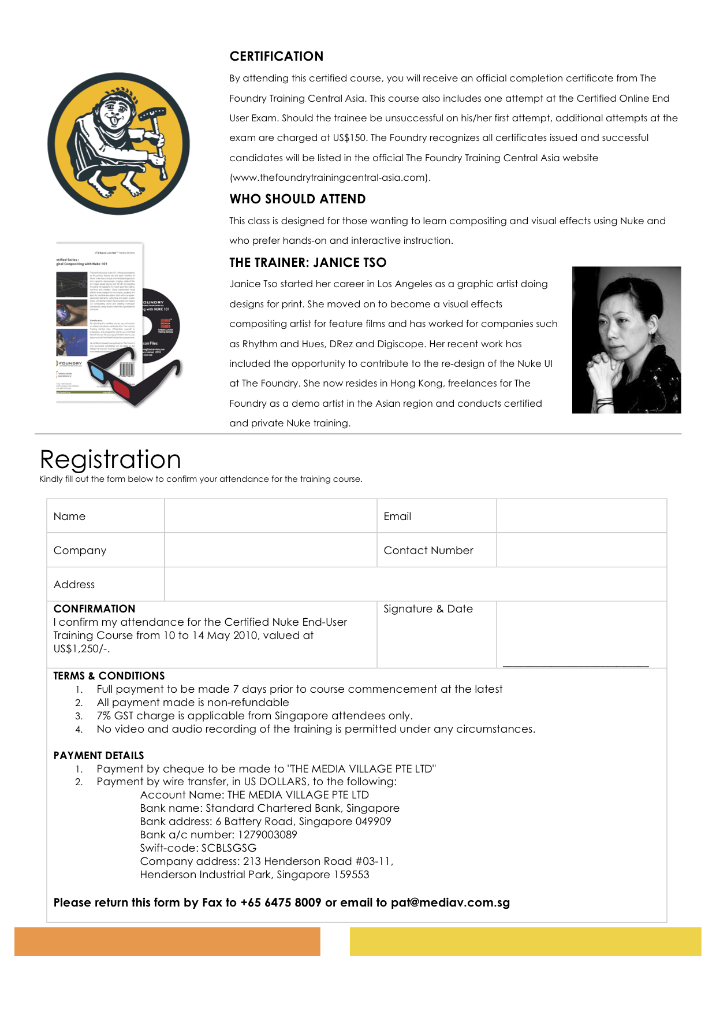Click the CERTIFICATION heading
click(276, 56)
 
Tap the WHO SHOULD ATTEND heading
click(297, 199)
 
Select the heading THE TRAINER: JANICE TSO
click(308, 262)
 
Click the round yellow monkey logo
click(118, 143)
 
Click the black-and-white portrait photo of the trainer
click(626, 340)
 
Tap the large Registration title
click(110, 459)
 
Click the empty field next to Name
click(270, 516)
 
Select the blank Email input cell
click(581, 516)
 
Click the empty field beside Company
click(270, 550)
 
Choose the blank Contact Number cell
click(581, 550)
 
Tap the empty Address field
click(415, 584)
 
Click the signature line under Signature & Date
click(576, 666)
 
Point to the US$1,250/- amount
click(81, 649)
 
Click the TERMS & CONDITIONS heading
click(109, 675)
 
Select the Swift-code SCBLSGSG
click(229, 848)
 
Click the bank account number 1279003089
click(267, 834)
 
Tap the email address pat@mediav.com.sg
click(450, 902)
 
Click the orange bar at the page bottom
click(167, 941)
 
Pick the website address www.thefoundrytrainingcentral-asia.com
click(330, 177)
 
